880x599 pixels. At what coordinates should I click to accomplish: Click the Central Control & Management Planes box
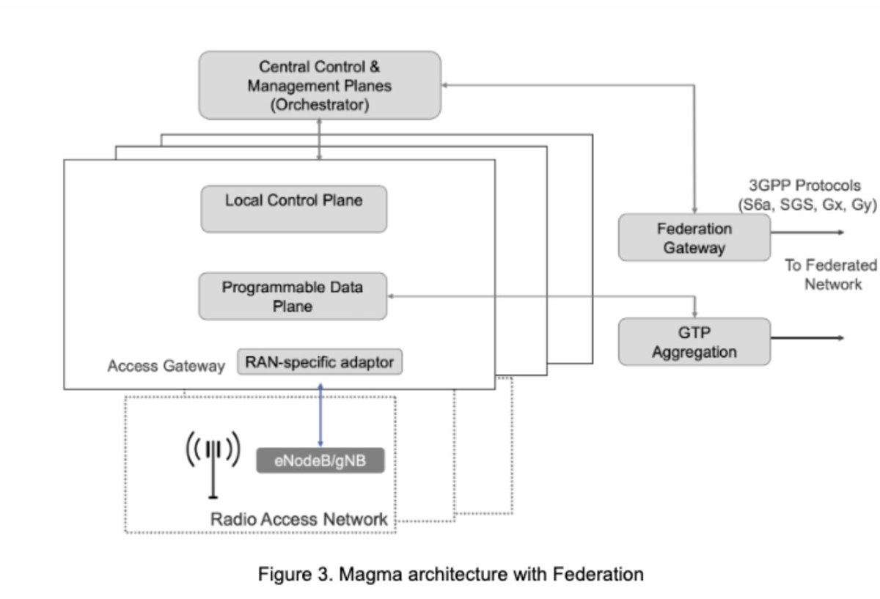point(320,85)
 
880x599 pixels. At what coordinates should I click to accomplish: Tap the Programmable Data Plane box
point(293,296)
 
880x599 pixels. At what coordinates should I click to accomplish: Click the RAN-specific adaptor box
point(320,361)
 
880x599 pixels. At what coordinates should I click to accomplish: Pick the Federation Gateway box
point(694,238)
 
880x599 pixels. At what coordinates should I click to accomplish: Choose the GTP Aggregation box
point(694,342)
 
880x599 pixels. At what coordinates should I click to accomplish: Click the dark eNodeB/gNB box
point(320,461)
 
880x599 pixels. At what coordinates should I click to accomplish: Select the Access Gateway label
point(166,366)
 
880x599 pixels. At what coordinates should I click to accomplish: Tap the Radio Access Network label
point(299,519)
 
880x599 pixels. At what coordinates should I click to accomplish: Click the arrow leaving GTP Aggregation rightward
point(807,338)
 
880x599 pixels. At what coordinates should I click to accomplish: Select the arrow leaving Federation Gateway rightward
point(807,232)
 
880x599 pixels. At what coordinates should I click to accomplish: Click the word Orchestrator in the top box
point(319,105)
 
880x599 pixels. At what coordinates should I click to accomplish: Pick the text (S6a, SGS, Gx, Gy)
point(807,205)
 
